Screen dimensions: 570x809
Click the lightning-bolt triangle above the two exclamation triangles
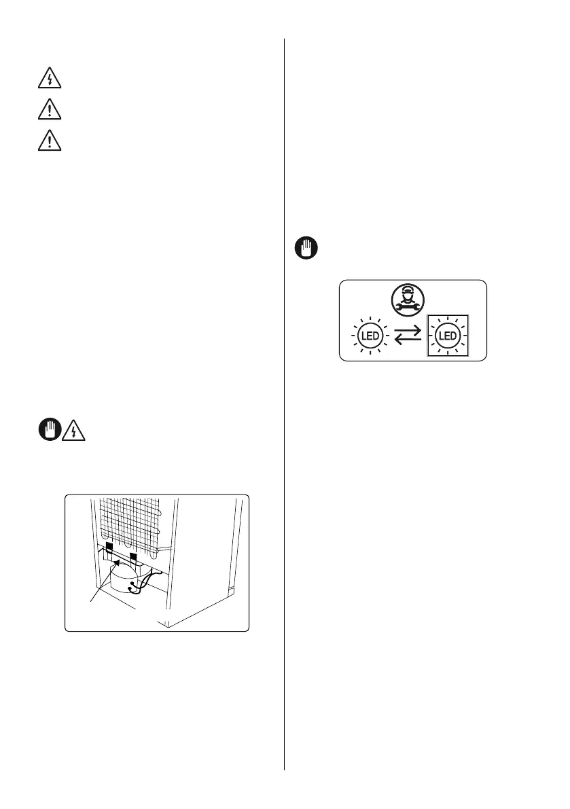tap(49, 80)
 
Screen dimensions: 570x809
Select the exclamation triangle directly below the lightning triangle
tap(49, 110)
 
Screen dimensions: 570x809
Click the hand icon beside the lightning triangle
tap(48, 431)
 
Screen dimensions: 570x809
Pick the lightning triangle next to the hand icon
tap(72, 431)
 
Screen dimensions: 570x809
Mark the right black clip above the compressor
tap(134, 558)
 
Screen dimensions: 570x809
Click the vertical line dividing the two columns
tap(284, 408)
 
